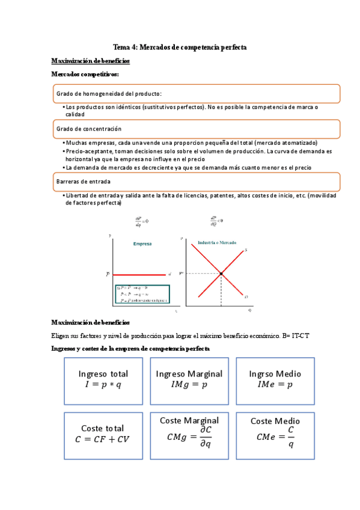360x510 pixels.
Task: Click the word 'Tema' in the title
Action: click(x=122, y=47)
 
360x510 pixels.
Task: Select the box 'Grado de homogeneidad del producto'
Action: click(x=196, y=93)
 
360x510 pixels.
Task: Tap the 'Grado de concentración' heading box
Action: click(x=196, y=129)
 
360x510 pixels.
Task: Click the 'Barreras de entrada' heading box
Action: click(x=196, y=181)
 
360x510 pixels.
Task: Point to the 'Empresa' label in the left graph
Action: click(x=142, y=244)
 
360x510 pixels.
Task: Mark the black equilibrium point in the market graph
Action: click(x=221, y=274)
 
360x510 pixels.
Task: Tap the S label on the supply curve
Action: click(x=246, y=250)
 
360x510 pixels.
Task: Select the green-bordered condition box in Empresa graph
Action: click(x=142, y=293)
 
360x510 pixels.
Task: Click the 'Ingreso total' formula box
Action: click(x=103, y=380)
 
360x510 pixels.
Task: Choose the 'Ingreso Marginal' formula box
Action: click(x=189, y=380)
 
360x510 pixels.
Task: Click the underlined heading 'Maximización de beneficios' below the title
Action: click(x=90, y=61)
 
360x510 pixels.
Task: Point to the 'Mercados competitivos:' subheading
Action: click(x=85, y=74)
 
